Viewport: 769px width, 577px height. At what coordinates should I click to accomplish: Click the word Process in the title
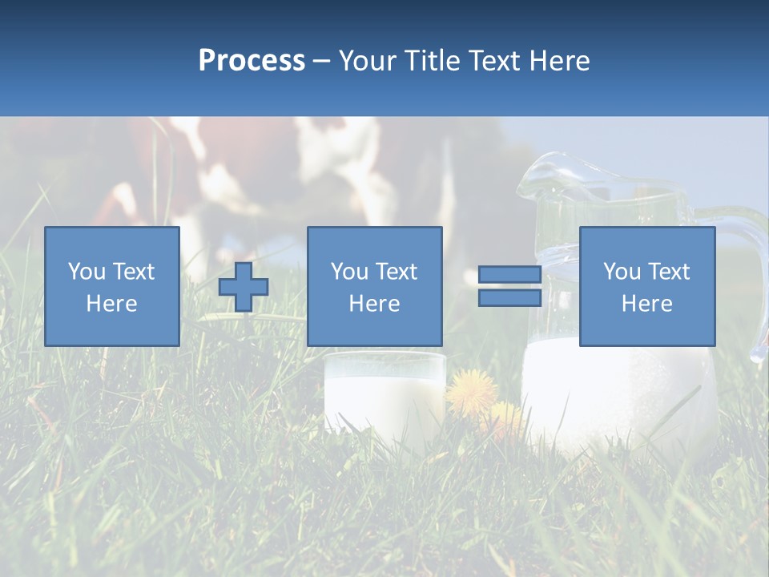(252, 61)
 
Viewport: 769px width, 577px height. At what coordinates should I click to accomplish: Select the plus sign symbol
(244, 287)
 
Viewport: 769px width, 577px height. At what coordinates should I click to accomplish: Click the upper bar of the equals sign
(509, 275)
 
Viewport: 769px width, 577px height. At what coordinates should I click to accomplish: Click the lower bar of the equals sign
(509, 298)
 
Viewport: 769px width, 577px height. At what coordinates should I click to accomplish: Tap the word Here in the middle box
(374, 304)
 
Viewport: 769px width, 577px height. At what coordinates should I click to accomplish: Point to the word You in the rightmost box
(622, 272)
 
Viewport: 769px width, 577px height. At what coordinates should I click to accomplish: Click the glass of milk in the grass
(384, 397)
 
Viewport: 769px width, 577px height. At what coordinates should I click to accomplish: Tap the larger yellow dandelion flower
(472, 391)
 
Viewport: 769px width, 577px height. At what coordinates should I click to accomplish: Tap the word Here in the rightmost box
(646, 304)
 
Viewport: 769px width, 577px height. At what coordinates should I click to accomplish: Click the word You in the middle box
(349, 272)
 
